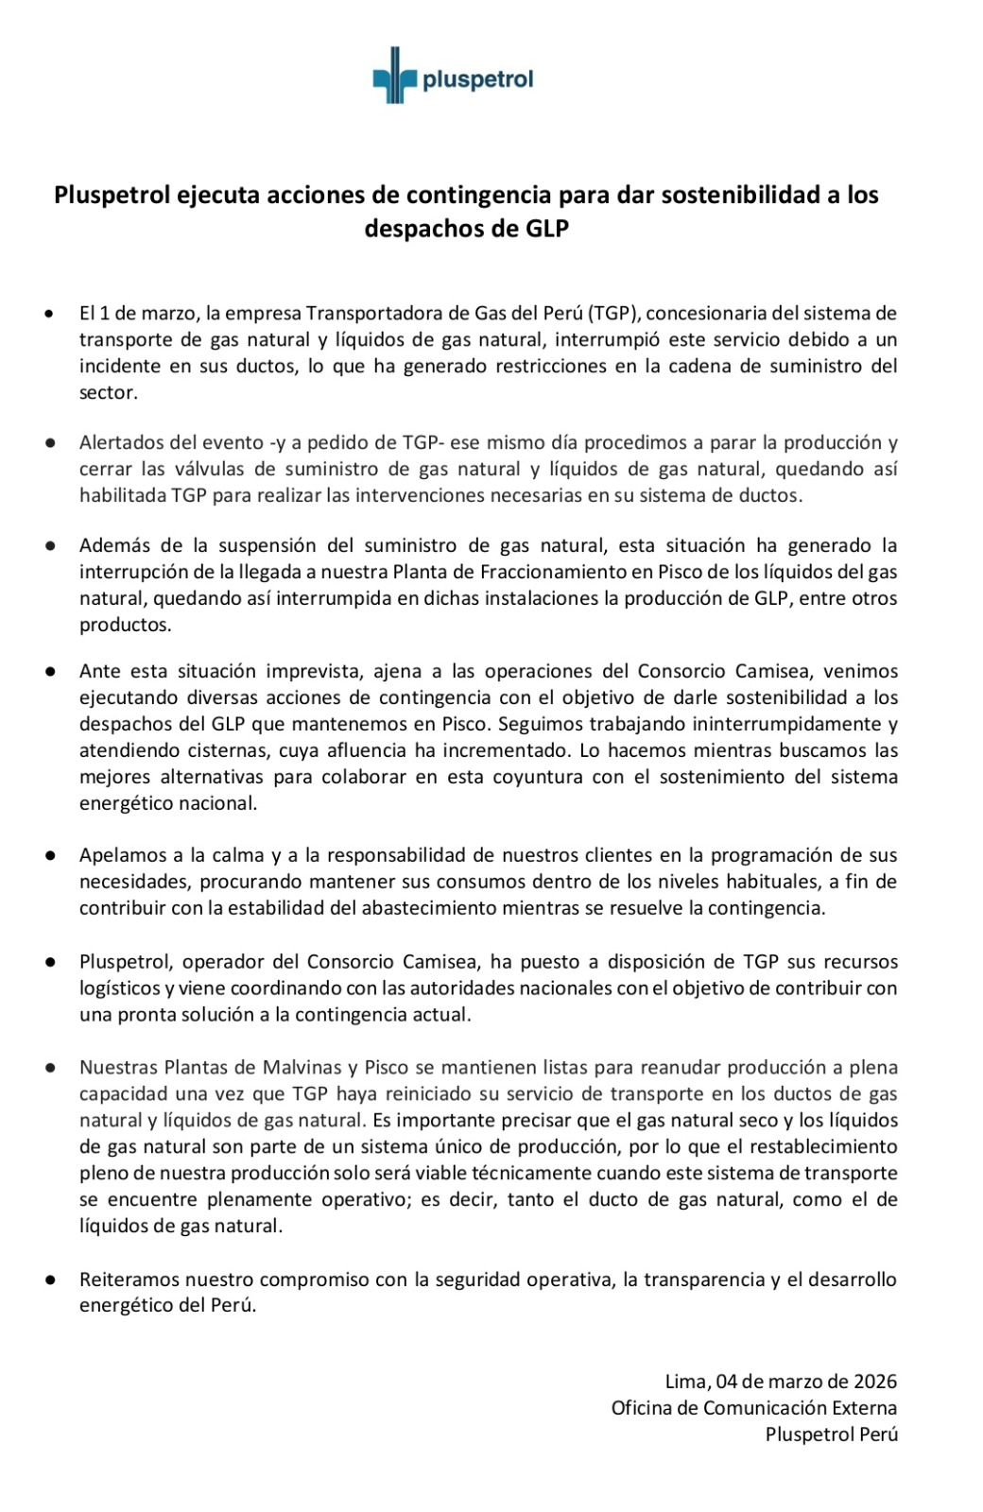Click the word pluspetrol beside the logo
477,79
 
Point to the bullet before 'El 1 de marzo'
49,314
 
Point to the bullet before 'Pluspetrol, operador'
49,962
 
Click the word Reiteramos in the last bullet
129,1280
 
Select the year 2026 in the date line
875,1382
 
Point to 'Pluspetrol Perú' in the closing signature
831,1435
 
